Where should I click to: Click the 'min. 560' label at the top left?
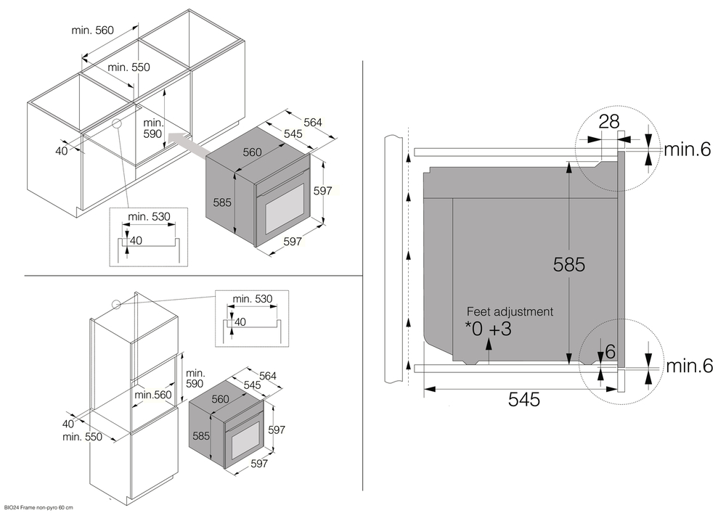(93, 30)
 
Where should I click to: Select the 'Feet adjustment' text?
(510, 311)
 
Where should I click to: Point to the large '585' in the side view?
(568, 265)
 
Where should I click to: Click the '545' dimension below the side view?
(523, 399)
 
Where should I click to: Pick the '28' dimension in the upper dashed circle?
(608, 121)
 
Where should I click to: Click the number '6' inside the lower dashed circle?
(610, 351)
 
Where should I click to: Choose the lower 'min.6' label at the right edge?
(688, 366)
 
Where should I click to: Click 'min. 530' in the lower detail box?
(253, 298)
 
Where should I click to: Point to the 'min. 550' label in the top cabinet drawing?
(129, 67)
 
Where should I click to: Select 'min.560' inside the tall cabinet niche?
(152, 394)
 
